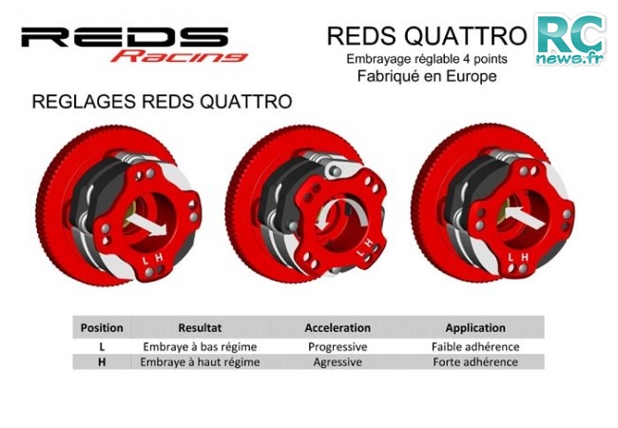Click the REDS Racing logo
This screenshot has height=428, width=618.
click(134, 44)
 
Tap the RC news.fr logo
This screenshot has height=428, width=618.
click(570, 39)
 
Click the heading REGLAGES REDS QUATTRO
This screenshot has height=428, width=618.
click(162, 101)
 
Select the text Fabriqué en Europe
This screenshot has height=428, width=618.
click(427, 76)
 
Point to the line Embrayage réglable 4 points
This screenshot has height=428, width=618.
click(427, 59)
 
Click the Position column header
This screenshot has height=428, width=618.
click(102, 328)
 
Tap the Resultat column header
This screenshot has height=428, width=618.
click(200, 328)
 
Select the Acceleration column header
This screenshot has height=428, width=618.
click(338, 328)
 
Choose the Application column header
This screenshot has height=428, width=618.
click(475, 328)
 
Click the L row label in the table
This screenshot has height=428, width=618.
click(102, 347)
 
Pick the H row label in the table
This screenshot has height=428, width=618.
click(102, 361)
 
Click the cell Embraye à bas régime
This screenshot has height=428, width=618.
click(200, 347)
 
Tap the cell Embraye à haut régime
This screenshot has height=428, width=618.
click(200, 362)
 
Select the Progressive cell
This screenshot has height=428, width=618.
click(338, 347)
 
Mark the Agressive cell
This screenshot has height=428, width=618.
click(338, 362)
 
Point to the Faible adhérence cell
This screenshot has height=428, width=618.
click(475, 347)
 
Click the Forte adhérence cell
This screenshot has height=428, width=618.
click(475, 361)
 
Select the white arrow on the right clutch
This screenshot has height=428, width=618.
click(524, 218)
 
